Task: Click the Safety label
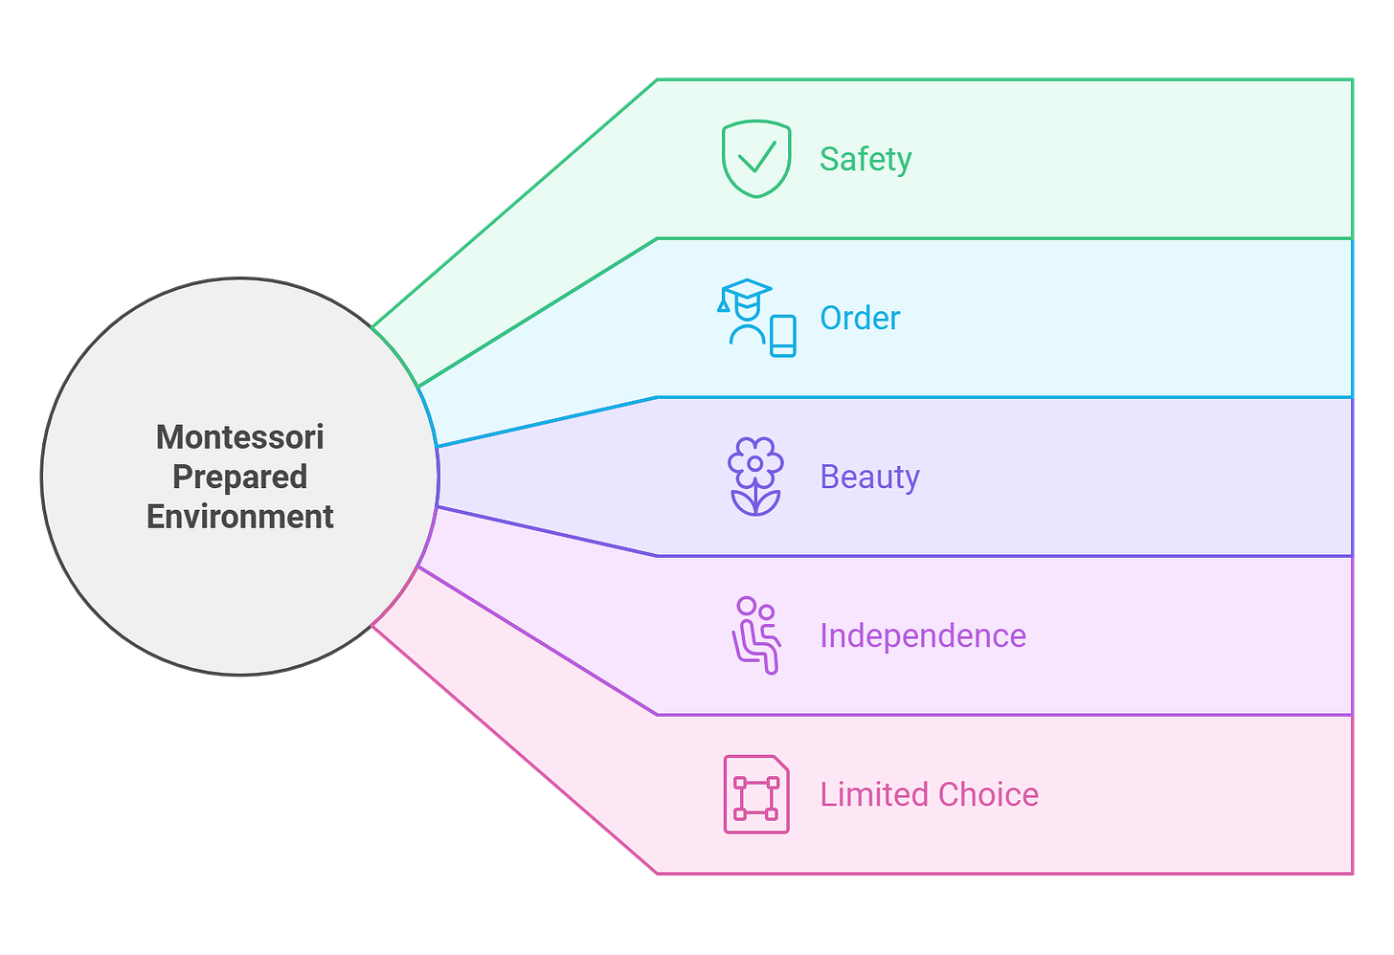(866, 159)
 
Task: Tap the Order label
(860, 318)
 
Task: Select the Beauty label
(869, 477)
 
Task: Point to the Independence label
(922, 635)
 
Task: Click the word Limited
(873, 794)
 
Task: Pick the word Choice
(988, 794)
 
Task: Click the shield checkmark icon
(756, 159)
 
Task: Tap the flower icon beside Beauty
(755, 477)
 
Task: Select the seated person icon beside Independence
(756, 635)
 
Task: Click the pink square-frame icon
(756, 794)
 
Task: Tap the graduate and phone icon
(756, 318)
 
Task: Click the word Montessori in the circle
(240, 437)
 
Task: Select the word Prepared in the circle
(240, 477)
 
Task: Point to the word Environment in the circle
(240, 517)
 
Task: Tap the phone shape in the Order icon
(783, 336)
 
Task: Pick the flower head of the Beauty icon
(755, 462)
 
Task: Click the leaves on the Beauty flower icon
(755, 502)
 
